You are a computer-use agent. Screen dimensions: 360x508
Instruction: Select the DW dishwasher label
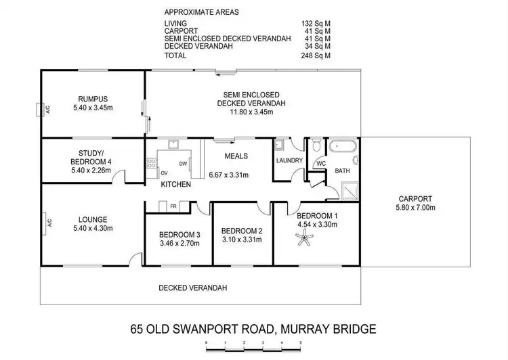point(182,164)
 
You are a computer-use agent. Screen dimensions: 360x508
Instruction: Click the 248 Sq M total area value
point(316,55)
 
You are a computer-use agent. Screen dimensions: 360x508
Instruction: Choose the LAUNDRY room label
point(289,160)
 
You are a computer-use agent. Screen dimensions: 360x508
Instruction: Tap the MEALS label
point(236,156)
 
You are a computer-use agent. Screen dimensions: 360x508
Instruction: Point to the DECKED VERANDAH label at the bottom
point(192,288)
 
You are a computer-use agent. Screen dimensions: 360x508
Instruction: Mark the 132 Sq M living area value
point(316,24)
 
